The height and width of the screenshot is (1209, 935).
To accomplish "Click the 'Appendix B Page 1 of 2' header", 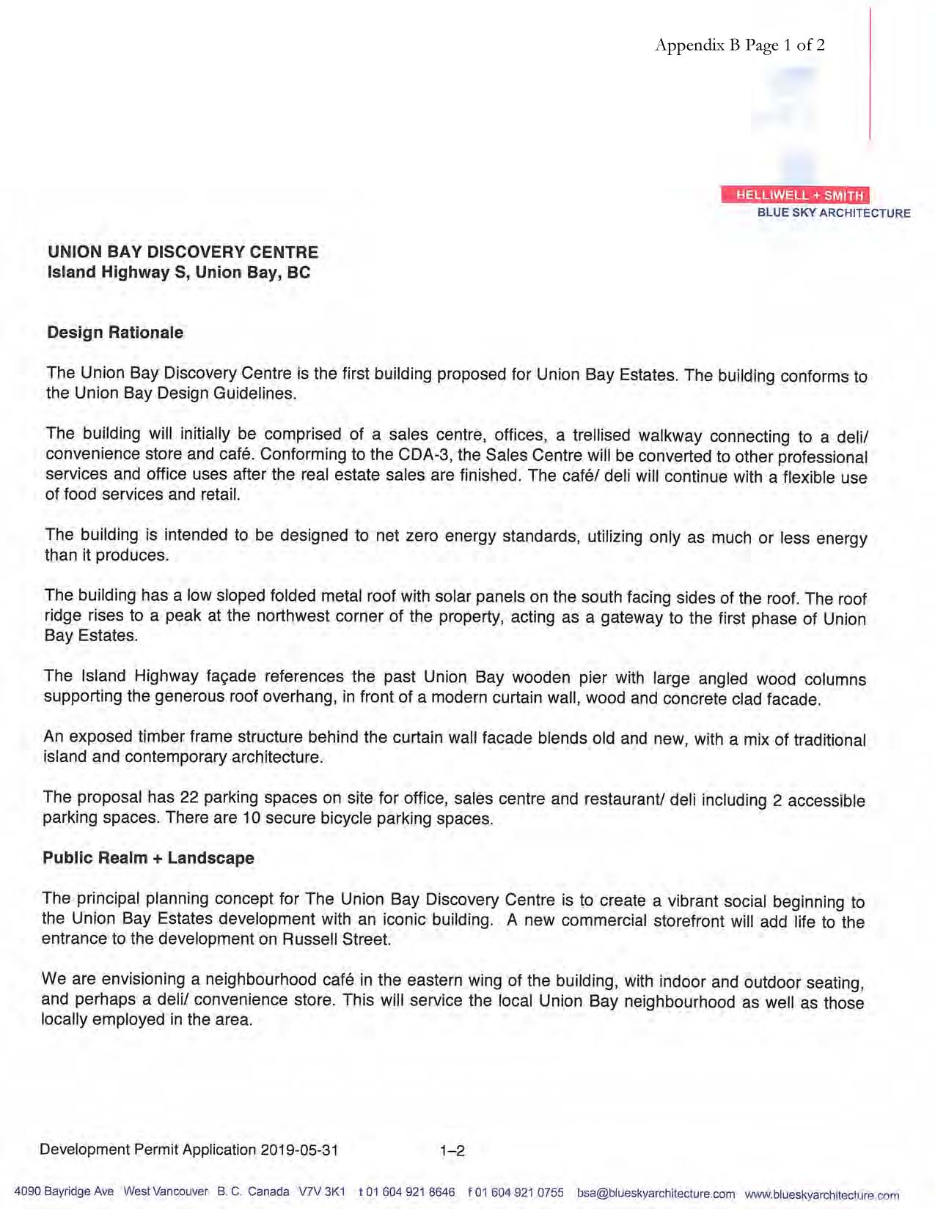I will click(x=739, y=45).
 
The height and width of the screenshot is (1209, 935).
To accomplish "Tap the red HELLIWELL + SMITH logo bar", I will click(x=795, y=195).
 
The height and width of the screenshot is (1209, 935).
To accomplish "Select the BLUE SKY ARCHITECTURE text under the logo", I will click(x=834, y=213).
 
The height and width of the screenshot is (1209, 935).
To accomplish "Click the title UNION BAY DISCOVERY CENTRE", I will click(x=183, y=252).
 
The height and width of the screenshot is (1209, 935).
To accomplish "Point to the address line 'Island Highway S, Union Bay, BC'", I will click(x=179, y=273).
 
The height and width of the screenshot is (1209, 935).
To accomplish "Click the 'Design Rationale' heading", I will click(x=115, y=333).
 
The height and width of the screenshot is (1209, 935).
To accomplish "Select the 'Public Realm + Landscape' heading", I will click(x=148, y=858).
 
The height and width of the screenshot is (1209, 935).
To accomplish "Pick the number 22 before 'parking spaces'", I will click(x=189, y=797).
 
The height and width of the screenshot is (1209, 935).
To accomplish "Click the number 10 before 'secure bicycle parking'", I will click(x=252, y=818).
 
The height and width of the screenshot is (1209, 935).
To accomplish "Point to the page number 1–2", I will click(x=452, y=1151).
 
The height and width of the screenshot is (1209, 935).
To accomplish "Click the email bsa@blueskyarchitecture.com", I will click(x=656, y=1193).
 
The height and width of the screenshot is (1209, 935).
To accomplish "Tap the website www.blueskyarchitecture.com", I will click(x=821, y=1194).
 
